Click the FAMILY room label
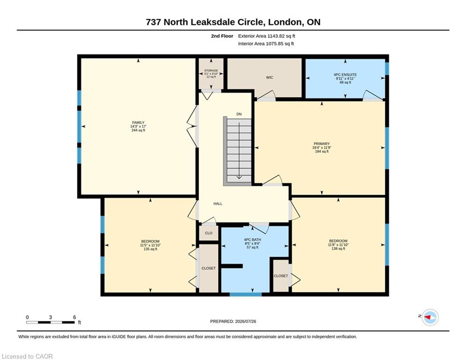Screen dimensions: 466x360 (138, 123)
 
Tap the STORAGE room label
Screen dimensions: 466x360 (211, 70)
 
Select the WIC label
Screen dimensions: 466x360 (270, 78)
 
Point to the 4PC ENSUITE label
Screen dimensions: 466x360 (345, 75)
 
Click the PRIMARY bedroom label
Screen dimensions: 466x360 (322, 144)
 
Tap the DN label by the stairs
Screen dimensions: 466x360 (239, 114)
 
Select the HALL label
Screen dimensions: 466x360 (218, 204)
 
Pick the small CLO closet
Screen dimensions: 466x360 (208, 233)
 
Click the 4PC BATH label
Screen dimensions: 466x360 (252, 240)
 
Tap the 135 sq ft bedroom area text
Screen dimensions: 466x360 (150, 249)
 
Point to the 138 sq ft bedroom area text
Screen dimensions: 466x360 (338, 249)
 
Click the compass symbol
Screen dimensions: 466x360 (430, 317)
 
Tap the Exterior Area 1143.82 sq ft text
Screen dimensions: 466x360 (266, 36)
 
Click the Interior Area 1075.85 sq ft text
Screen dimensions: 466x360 (266, 44)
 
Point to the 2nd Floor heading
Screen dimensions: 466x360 (222, 36)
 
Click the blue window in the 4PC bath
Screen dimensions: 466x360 (245, 294)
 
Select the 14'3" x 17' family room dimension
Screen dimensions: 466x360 (138, 127)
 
